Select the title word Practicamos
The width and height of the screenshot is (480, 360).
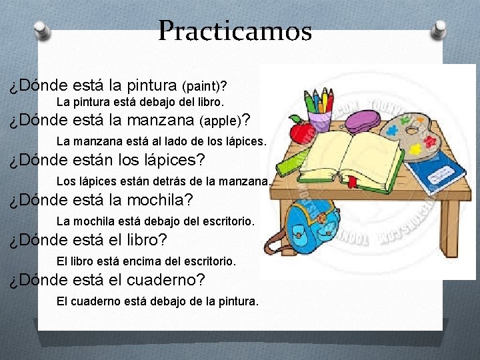[x=235, y=31]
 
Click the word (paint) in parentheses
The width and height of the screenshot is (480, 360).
[x=204, y=87]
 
